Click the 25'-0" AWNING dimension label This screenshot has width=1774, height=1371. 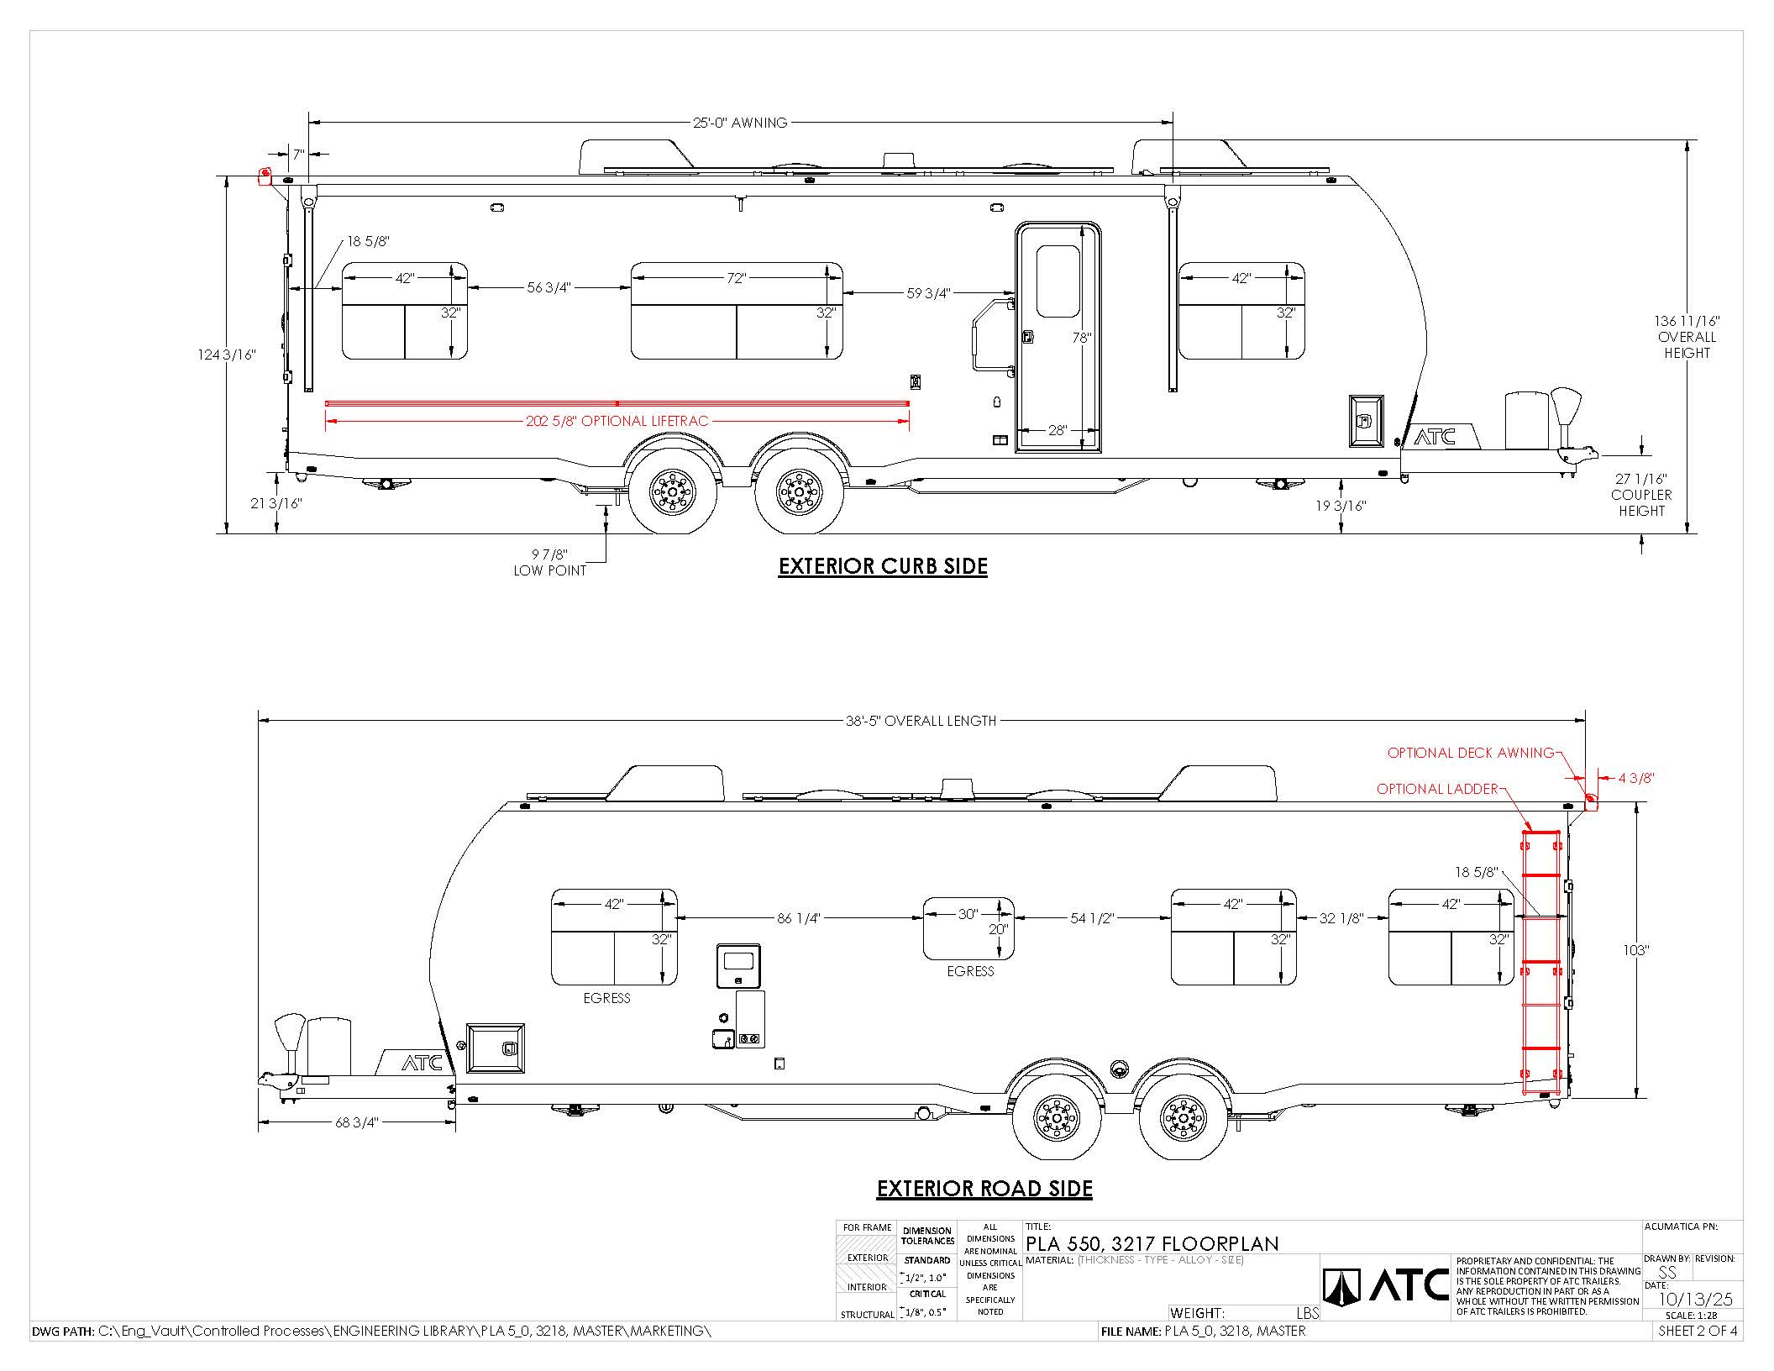point(740,123)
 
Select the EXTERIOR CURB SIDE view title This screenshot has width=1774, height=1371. point(883,566)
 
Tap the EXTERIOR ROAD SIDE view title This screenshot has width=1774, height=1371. point(984,1189)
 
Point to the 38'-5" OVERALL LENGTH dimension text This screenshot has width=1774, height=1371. point(921,721)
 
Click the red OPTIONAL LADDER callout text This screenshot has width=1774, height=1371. point(1437,789)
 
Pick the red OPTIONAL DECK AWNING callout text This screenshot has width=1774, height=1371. point(1471,753)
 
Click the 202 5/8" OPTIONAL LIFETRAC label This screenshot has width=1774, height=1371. point(617,421)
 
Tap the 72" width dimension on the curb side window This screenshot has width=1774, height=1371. point(737,278)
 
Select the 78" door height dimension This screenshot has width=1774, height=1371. point(1082,338)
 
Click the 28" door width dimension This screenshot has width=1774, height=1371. point(1058,430)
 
